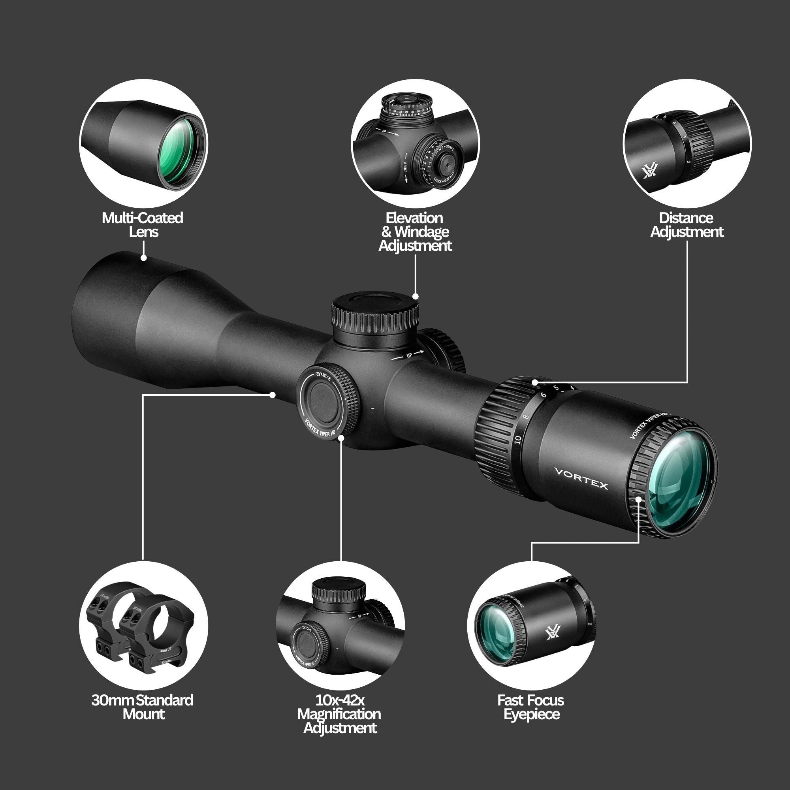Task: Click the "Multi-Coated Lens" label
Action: tap(142, 224)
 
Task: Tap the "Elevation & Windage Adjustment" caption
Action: tap(415, 231)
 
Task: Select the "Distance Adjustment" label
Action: tap(687, 224)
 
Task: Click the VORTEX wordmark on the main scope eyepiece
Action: tap(581, 478)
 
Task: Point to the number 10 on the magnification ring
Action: tap(518, 440)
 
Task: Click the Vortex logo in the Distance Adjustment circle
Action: tap(649, 171)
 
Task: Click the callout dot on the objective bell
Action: tap(143, 258)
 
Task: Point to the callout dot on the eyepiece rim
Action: tap(639, 498)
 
